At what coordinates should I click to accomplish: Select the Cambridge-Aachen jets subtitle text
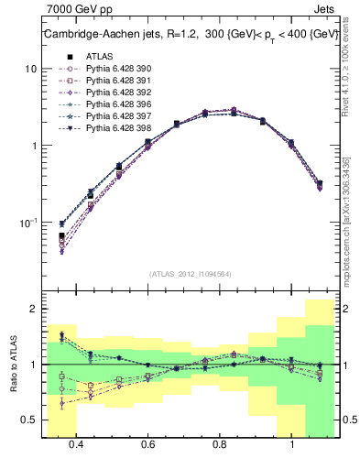[x=189, y=35]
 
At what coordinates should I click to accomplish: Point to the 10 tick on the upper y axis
[x=31, y=70]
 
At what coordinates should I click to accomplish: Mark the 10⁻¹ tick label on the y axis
[x=27, y=222]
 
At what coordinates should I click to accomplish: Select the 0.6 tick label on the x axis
[x=148, y=444]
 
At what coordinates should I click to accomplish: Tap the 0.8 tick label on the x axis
[x=220, y=444]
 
